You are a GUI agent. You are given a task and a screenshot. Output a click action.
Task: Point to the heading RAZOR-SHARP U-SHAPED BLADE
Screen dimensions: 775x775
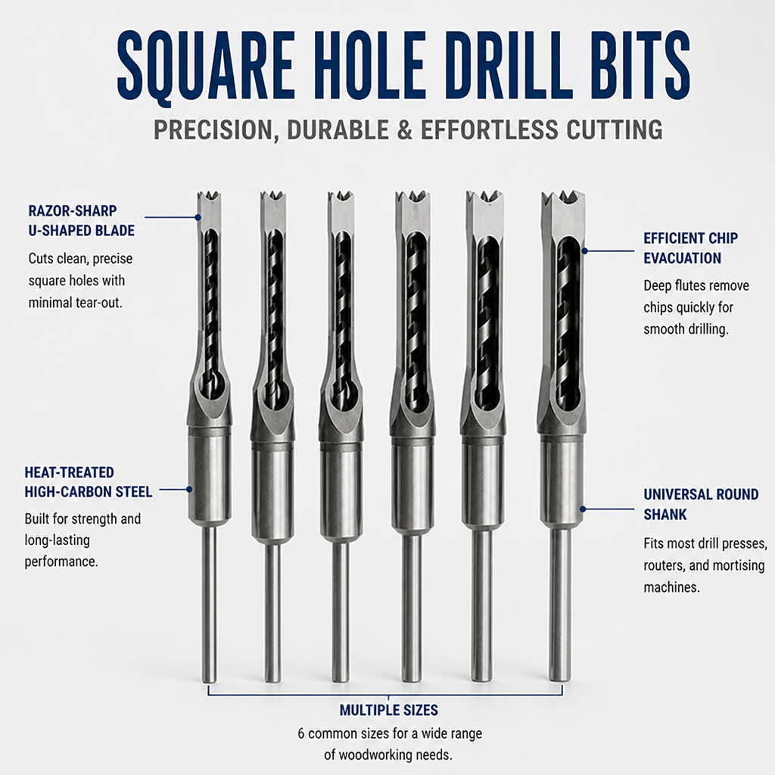point(81,220)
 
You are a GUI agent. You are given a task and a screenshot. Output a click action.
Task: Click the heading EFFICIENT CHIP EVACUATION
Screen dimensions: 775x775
point(690,248)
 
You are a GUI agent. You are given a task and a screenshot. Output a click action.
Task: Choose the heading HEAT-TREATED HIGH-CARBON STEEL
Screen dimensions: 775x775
point(89,482)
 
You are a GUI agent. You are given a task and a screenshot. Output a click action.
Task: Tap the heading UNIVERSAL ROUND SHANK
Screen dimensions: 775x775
point(701,504)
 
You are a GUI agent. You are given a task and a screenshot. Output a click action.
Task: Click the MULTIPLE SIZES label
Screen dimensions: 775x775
point(388,710)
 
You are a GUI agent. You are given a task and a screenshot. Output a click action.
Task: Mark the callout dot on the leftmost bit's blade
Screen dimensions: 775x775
point(198,217)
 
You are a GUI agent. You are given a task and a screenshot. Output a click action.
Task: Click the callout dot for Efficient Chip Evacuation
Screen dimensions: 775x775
point(585,251)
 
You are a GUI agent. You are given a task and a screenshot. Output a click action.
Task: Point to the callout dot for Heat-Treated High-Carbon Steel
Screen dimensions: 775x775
point(189,490)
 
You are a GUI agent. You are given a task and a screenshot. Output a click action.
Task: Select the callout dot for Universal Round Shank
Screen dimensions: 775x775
point(584,509)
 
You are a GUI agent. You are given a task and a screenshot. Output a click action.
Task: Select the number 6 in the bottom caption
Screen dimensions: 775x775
point(301,733)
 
